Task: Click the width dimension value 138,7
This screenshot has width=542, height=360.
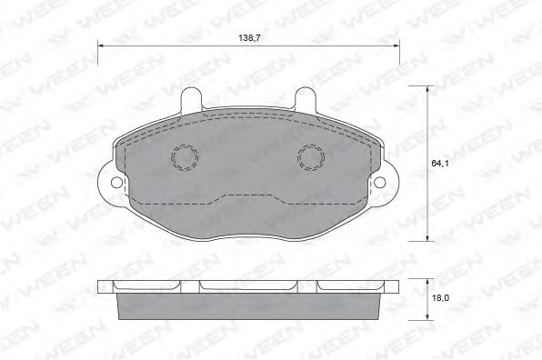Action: tap(249, 37)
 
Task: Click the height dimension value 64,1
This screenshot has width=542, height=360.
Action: tap(439, 164)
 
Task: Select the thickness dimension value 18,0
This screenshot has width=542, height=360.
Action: tap(440, 297)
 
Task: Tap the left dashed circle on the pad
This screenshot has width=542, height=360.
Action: tap(185, 157)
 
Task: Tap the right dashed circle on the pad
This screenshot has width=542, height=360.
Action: tap(311, 157)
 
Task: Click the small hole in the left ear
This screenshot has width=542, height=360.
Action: tap(116, 183)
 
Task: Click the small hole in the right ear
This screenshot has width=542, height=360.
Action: tap(380, 182)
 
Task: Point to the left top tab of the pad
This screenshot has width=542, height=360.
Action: tap(191, 99)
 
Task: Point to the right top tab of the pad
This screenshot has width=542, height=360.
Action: tap(305, 99)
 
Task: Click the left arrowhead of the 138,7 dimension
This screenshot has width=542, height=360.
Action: tap(100, 45)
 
